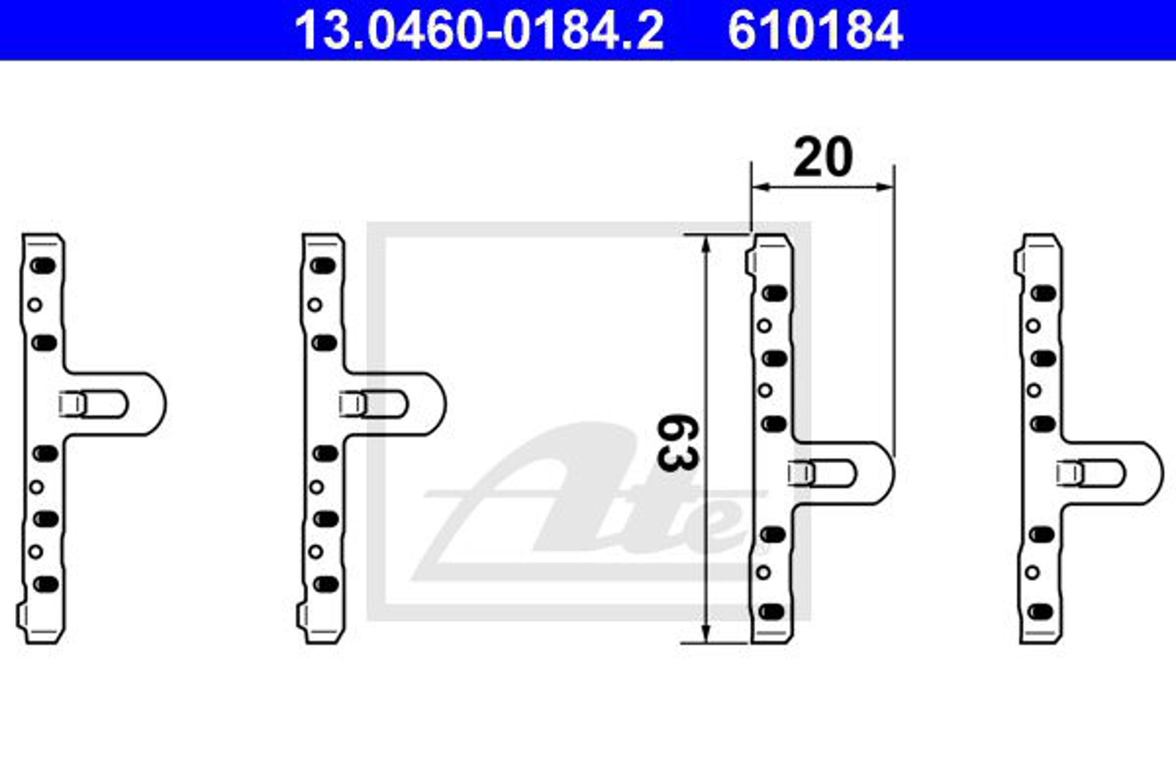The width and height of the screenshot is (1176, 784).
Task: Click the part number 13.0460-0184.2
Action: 479,30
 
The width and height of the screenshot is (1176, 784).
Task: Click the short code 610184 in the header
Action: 815,30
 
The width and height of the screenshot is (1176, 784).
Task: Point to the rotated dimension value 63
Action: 677,442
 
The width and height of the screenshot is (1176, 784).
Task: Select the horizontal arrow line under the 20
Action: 823,187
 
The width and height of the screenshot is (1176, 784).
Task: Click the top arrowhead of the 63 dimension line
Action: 706,245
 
